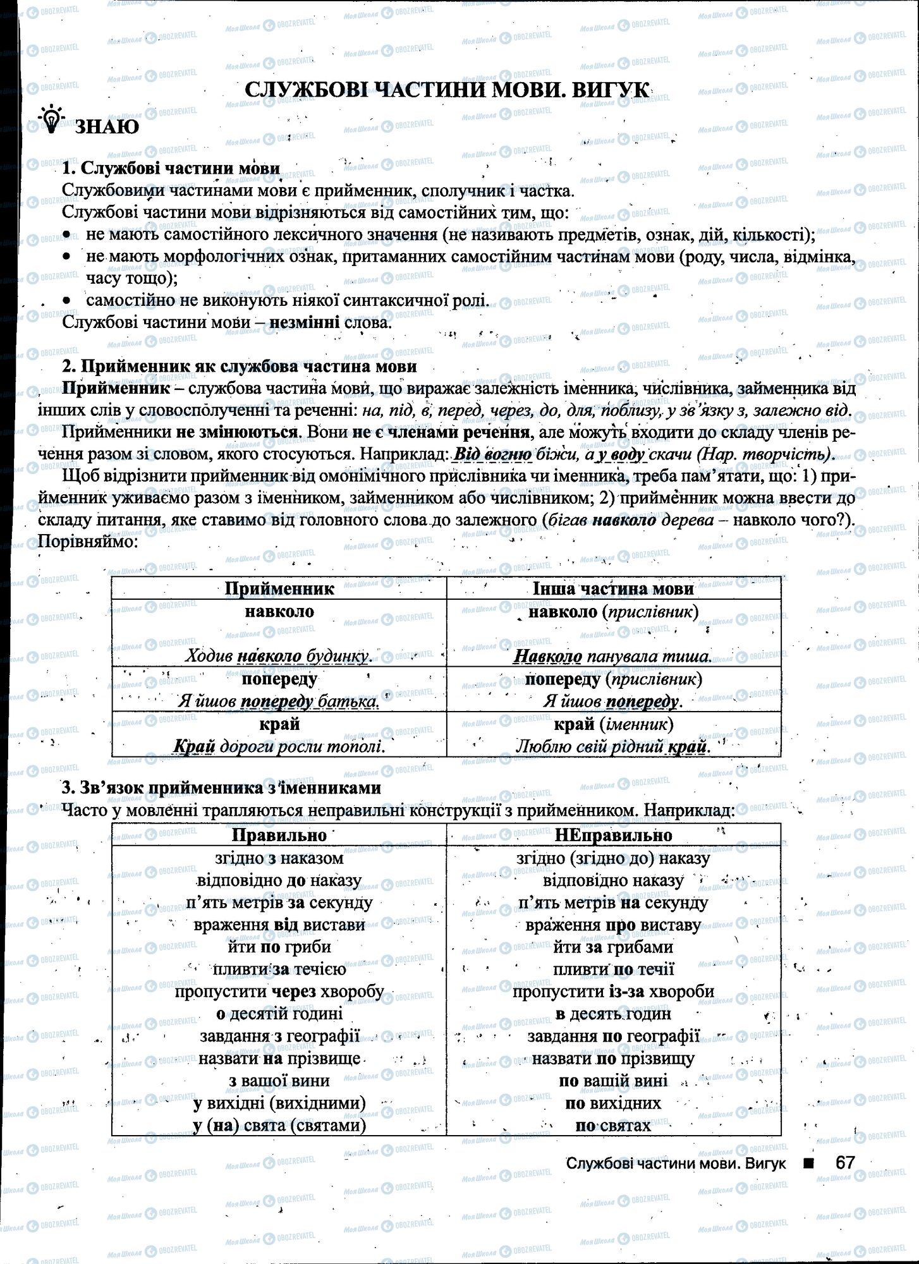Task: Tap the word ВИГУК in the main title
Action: point(610,90)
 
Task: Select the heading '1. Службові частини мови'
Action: point(171,169)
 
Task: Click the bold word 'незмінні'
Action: point(305,322)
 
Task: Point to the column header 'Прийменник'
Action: point(279,589)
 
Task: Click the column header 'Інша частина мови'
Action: point(613,589)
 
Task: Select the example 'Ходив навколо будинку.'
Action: point(279,656)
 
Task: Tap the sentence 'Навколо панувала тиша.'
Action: point(612,656)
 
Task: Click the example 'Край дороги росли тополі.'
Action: point(279,746)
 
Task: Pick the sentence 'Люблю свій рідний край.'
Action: point(613,746)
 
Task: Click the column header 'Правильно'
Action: point(279,835)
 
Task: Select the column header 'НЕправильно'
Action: point(613,835)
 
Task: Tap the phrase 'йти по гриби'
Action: point(279,947)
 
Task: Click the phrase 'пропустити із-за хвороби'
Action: point(613,991)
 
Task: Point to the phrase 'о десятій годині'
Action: point(279,1014)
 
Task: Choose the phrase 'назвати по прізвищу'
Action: point(613,1058)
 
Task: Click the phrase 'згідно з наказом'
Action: point(279,858)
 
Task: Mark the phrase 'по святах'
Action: point(613,1125)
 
